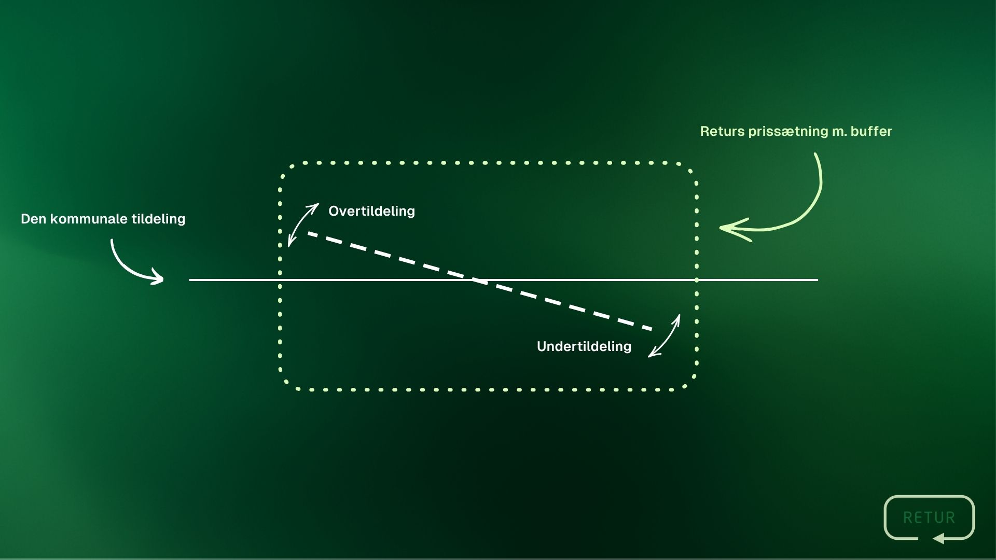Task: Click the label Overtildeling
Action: point(371,211)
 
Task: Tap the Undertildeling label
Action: point(584,346)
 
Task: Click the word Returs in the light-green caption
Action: point(723,131)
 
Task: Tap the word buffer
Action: point(872,131)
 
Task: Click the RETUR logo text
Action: point(929,517)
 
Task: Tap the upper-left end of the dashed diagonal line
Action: point(309,233)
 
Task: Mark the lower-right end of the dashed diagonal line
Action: point(652,329)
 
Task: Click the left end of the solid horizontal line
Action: point(190,280)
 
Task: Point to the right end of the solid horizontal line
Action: point(818,280)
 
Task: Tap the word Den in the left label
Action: point(34,219)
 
